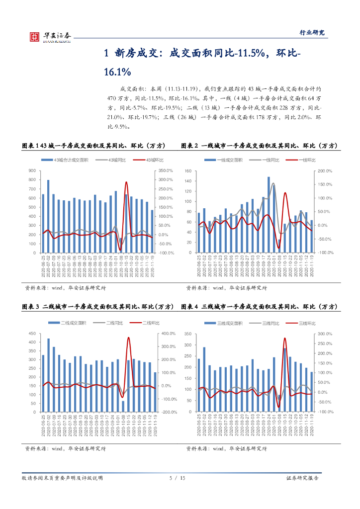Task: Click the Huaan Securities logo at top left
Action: point(48,36)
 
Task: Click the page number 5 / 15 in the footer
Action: point(178,478)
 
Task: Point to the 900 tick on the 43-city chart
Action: point(33,170)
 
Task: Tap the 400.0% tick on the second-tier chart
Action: point(170,334)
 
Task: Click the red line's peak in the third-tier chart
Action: point(285,339)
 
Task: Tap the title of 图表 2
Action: point(259,146)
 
